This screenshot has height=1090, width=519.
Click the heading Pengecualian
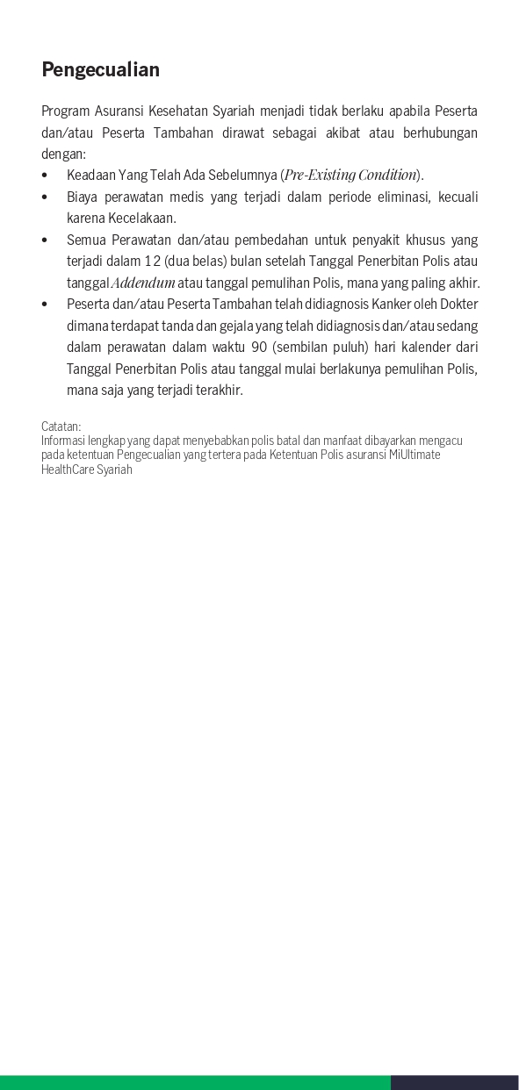[100, 70]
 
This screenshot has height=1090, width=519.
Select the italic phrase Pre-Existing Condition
[350, 175]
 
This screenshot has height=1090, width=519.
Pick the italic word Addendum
[143, 283]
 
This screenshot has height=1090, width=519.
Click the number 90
[259, 347]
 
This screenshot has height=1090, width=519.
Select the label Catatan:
[61, 427]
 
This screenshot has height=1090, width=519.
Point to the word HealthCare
[68, 470]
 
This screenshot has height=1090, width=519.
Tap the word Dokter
[460, 304]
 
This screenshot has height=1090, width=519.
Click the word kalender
[428, 347]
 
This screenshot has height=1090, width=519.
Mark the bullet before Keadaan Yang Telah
[45, 175]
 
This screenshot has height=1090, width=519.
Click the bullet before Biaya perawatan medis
[45, 197]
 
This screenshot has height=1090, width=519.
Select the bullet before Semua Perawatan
[45, 240]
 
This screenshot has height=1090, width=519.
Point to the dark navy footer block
[454, 1082]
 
